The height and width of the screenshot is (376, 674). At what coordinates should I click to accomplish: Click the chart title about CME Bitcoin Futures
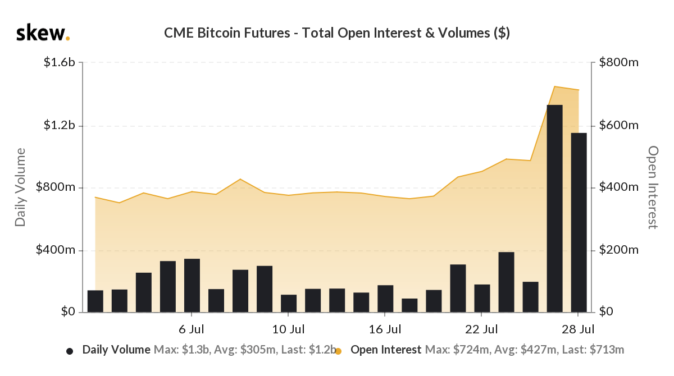pos(337,33)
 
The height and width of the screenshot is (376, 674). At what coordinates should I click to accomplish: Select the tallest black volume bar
pos(554,208)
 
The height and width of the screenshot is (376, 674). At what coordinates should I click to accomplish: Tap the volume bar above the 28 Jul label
pos(579,222)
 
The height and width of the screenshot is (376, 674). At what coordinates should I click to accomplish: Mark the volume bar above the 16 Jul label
pos(385,298)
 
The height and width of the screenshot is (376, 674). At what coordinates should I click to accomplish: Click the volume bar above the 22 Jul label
pos(482,298)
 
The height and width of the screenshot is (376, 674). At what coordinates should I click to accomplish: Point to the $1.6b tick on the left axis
pos(60,62)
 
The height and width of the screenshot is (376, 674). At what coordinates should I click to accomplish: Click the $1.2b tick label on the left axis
pos(60,125)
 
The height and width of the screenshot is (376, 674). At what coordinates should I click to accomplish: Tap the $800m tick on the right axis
pos(619,62)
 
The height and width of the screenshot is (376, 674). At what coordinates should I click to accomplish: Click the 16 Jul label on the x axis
pos(385,328)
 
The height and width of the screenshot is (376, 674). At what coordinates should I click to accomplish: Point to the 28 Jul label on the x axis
pos(579,328)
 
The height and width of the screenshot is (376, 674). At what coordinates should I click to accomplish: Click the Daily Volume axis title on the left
pos(21,187)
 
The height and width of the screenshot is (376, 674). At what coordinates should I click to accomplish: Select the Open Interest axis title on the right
pos(653,187)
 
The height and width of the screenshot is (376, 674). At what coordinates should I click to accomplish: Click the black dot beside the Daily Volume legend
pos(70,351)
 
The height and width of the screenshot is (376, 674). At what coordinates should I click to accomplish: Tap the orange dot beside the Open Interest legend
pos(338,351)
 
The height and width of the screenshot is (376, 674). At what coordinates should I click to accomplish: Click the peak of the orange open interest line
pos(554,86)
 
